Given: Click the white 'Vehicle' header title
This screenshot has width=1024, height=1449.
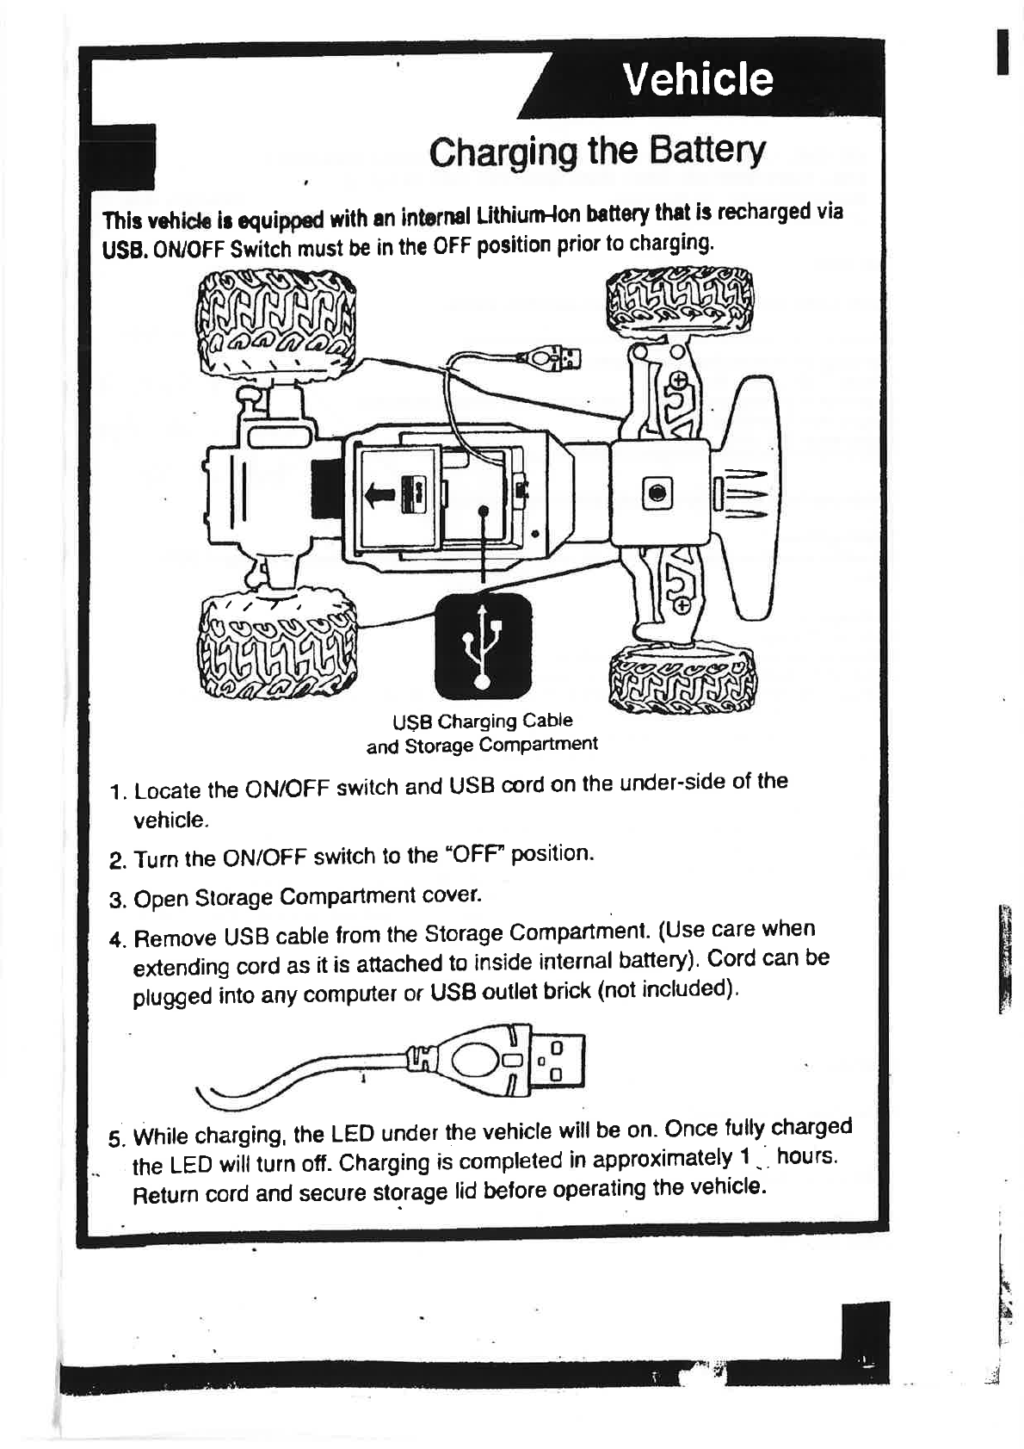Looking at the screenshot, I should coord(698,79).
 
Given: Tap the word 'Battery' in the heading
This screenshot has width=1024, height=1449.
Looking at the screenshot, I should coord(706,152).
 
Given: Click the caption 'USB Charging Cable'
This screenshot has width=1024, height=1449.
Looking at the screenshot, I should coord(483,721).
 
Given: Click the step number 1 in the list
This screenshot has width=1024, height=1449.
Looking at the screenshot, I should coord(118,791).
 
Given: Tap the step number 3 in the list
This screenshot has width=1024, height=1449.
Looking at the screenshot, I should coord(118,901).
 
